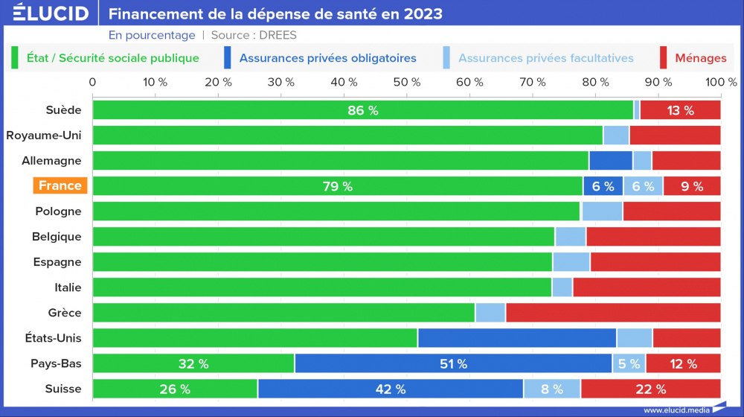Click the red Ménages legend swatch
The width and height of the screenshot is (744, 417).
click(663, 57)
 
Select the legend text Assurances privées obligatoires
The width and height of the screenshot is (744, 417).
click(328, 57)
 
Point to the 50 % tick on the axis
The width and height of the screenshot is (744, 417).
click(406, 81)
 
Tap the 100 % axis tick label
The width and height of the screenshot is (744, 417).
click(721, 81)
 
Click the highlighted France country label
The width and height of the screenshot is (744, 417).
click(60, 186)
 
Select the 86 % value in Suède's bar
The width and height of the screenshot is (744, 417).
click(363, 110)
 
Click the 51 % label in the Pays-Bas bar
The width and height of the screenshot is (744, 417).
click(452, 364)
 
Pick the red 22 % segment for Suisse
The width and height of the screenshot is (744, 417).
click(650, 389)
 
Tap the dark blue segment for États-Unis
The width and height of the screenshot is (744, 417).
click(516, 338)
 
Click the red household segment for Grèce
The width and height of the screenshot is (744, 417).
click(613, 313)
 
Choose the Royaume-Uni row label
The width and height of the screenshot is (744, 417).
click(44, 136)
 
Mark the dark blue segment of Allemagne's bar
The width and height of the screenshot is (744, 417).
click(610, 161)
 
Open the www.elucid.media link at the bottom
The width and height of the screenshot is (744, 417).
click(676, 410)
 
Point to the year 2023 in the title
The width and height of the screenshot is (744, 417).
click(419, 13)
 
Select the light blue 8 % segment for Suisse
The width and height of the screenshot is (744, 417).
click(552, 389)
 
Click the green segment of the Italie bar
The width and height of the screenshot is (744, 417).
click(321, 287)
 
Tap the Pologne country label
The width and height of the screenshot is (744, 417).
click(58, 211)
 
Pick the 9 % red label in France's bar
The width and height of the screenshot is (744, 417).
click(691, 186)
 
